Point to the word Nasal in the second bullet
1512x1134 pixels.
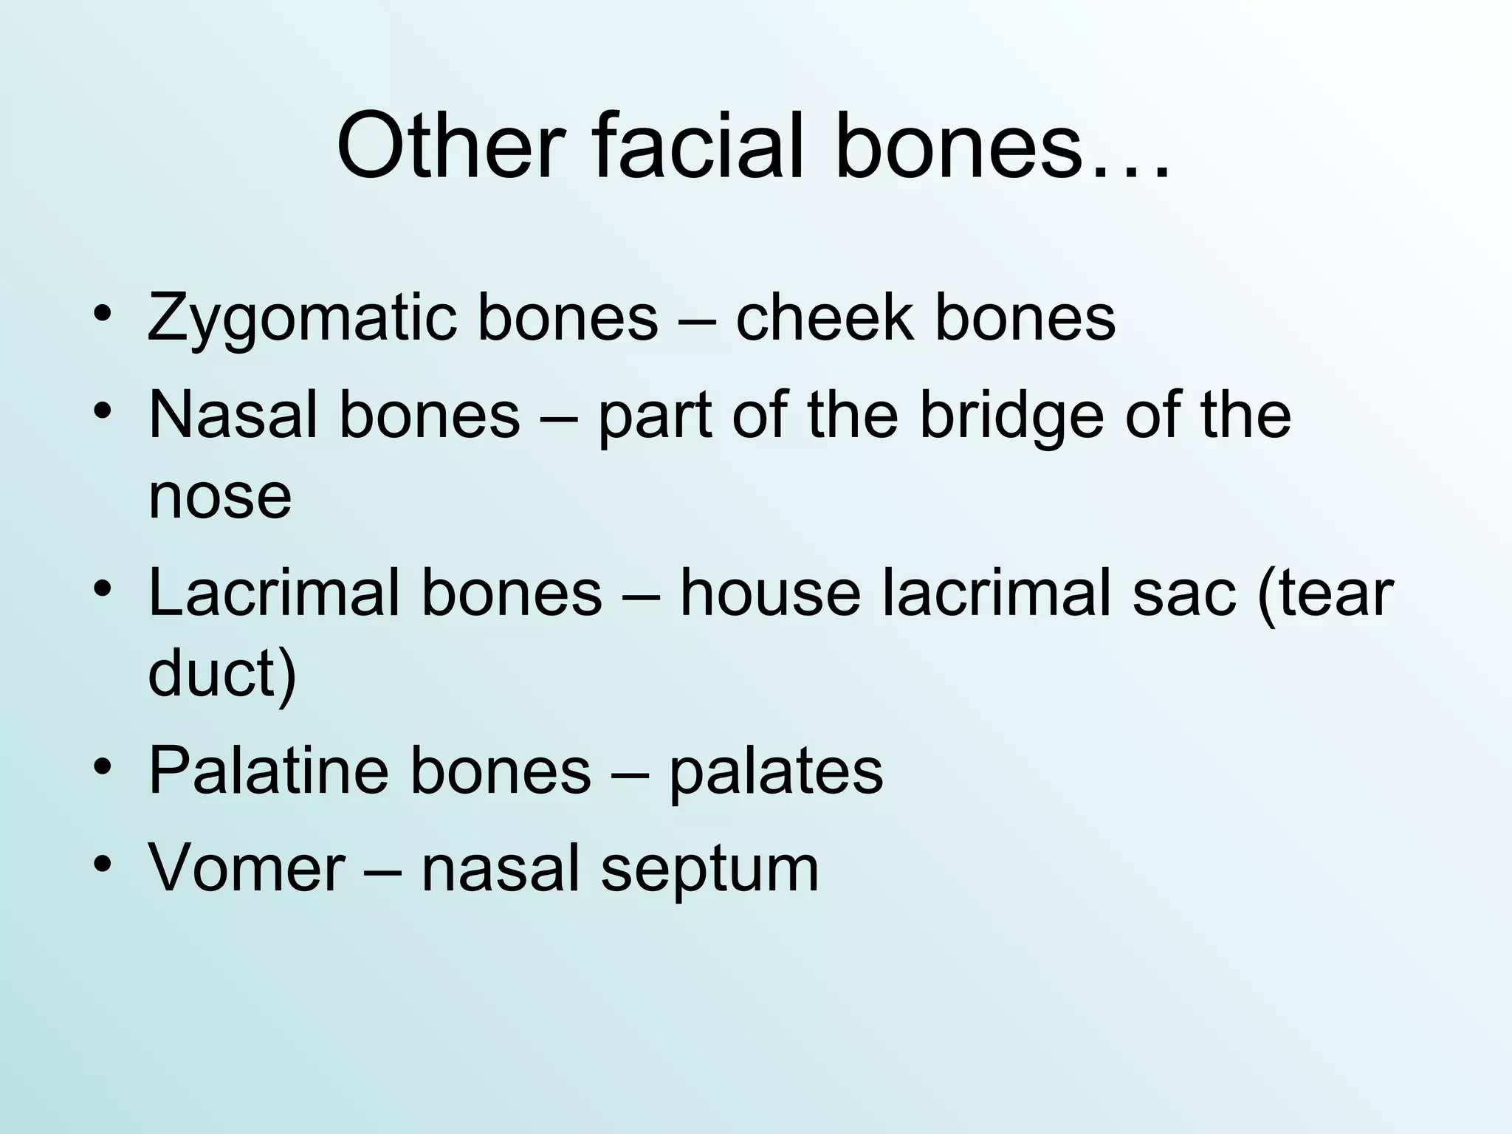coord(233,415)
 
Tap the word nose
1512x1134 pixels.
coord(220,496)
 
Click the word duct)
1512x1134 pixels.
coord(222,673)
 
